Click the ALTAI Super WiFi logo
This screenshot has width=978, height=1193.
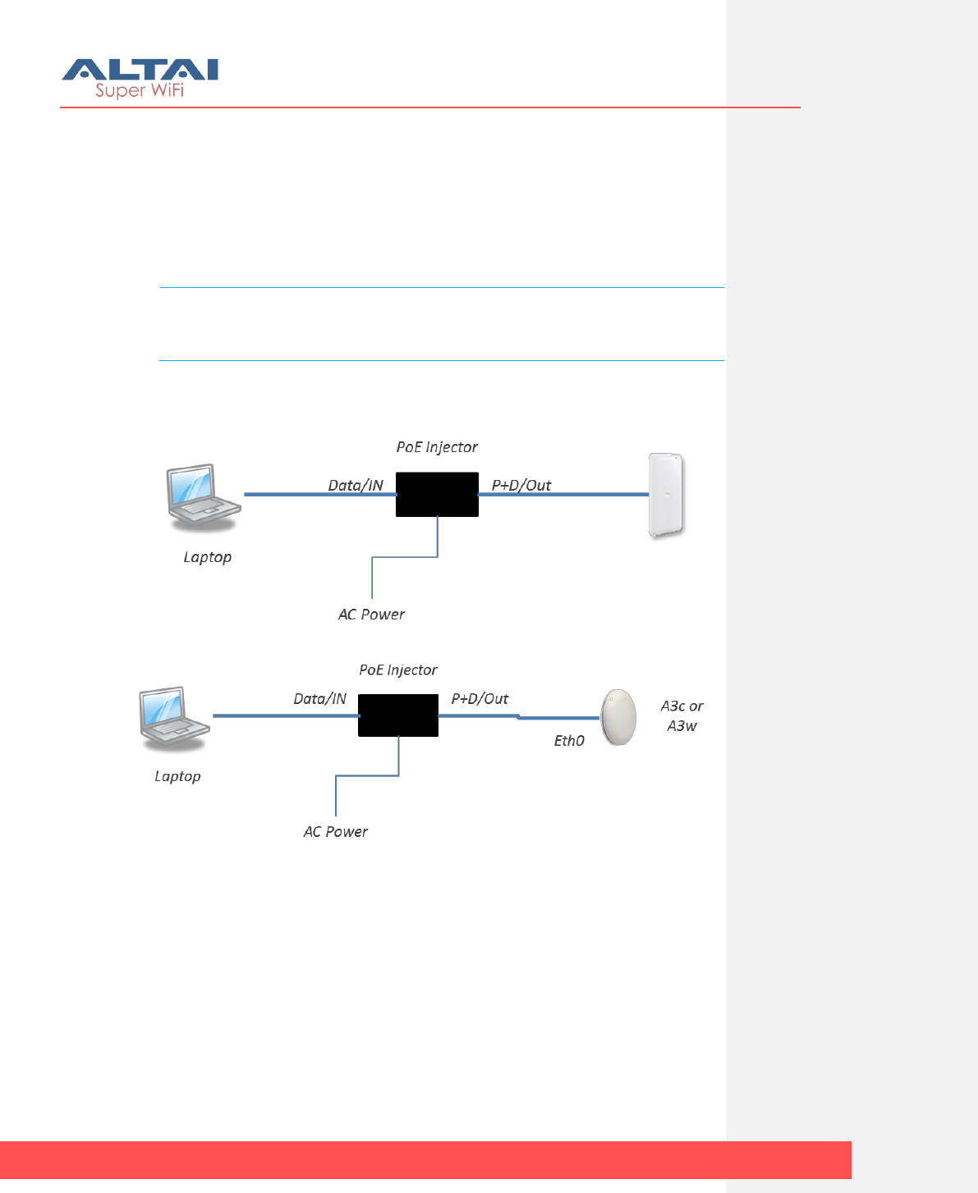pyautogui.click(x=140, y=78)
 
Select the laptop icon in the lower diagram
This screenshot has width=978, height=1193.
pyautogui.click(x=173, y=718)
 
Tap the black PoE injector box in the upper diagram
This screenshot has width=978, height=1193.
pyautogui.click(x=437, y=494)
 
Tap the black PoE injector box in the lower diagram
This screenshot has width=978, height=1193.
pyautogui.click(x=398, y=715)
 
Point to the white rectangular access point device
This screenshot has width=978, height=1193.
pyautogui.click(x=666, y=495)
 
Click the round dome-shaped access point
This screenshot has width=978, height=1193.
pyautogui.click(x=618, y=717)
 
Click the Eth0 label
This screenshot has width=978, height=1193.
pyautogui.click(x=569, y=741)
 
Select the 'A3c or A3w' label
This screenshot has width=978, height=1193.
pyautogui.click(x=682, y=715)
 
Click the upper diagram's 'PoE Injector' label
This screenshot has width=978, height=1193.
pyautogui.click(x=437, y=447)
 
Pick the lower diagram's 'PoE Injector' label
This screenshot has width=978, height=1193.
pyautogui.click(x=398, y=670)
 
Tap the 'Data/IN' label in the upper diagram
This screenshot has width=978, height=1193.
pyautogui.click(x=356, y=485)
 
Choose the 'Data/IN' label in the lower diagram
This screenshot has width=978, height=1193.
pyautogui.click(x=320, y=699)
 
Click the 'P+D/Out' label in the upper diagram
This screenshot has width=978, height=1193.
pyautogui.click(x=521, y=485)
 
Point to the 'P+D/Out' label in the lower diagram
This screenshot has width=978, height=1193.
pyautogui.click(x=480, y=699)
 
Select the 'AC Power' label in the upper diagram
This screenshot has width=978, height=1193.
pyautogui.click(x=371, y=615)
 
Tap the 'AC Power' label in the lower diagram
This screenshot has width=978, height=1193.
pyautogui.click(x=336, y=832)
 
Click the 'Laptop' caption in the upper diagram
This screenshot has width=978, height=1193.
pyautogui.click(x=208, y=557)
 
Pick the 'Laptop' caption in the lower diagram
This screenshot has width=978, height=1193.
pyautogui.click(x=177, y=776)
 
